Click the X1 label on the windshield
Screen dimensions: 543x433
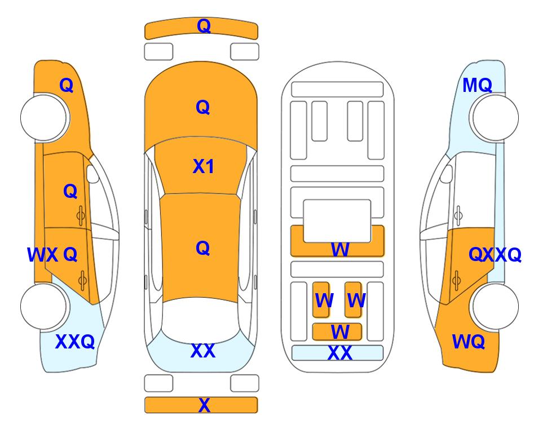(x=204, y=166)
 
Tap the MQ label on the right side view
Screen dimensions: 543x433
(x=477, y=85)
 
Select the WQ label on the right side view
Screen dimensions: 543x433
(x=469, y=342)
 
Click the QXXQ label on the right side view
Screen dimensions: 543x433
(x=495, y=255)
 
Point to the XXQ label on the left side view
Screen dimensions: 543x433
(x=75, y=342)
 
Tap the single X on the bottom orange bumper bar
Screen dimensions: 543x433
(x=204, y=405)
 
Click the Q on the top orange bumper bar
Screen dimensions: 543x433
(x=204, y=25)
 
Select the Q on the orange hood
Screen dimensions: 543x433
(x=203, y=107)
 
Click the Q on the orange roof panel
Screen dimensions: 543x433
(x=203, y=248)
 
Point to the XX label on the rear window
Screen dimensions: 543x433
(x=203, y=351)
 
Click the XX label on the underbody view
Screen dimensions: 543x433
(x=339, y=353)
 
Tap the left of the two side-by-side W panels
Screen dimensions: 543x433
(x=321, y=299)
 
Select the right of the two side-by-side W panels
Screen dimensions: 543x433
(x=353, y=299)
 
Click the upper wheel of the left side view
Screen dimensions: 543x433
(x=45, y=118)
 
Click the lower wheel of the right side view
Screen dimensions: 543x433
(x=494, y=306)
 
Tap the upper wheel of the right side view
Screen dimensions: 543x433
(x=494, y=118)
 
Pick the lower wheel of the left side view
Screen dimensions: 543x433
(x=45, y=306)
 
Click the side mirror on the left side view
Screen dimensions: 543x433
(x=92, y=174)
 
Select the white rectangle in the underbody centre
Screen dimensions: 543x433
(x=337, y=221)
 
